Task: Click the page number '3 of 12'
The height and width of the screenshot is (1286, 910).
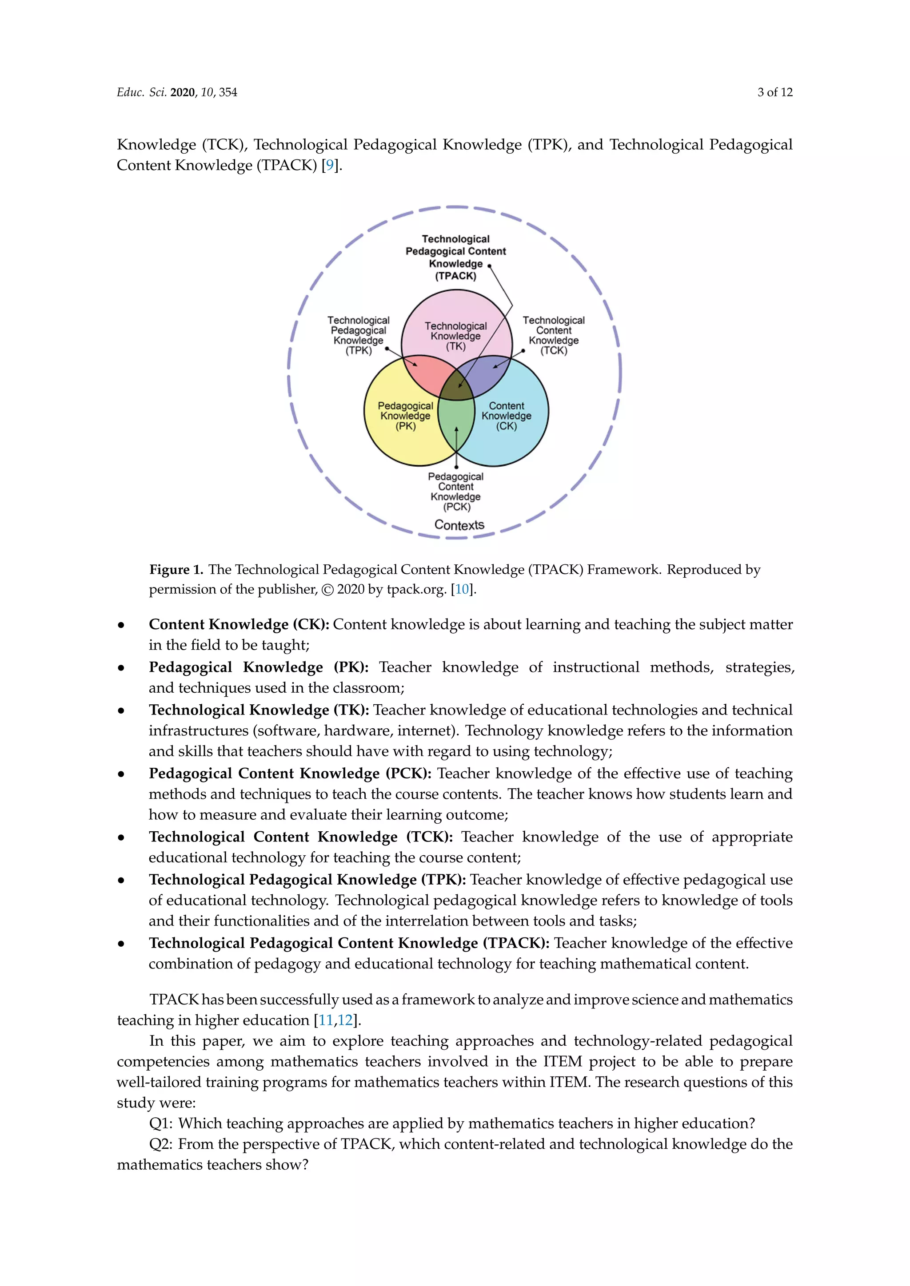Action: click(774, 92)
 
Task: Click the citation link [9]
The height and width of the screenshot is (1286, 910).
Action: click(330, 165)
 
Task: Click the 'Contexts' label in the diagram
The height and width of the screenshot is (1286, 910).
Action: click(459, 525)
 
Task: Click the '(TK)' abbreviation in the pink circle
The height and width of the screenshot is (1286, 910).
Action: click(455, 346)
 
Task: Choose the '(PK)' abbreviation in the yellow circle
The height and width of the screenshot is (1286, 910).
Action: click(405, 426)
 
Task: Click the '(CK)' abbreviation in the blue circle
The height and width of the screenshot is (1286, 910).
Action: click(506, 426)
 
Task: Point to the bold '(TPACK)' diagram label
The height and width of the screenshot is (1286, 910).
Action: click(455, 276)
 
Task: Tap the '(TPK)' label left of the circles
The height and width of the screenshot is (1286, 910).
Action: click(359, 351)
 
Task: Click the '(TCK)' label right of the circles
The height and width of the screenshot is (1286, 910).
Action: click(554, 351)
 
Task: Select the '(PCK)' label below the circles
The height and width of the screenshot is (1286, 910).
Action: click(457, 507)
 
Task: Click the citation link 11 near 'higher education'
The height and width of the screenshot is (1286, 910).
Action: click(325, 1020)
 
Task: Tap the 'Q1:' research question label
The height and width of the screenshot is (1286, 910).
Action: click(161, 1123)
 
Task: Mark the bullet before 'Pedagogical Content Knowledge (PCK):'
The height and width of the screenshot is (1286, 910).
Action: click(121, 774)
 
